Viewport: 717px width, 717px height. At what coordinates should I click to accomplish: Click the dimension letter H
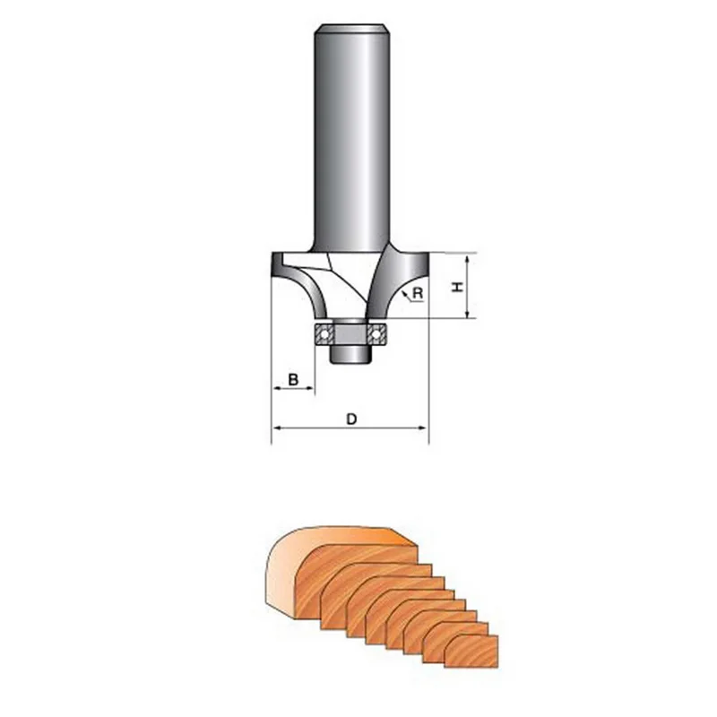455,287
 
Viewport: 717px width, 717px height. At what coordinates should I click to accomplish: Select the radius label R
418,292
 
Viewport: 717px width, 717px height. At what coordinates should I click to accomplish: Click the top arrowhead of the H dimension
469,258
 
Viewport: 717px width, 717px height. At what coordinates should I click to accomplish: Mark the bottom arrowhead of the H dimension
469,313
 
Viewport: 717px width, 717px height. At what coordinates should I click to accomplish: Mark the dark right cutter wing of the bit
399,278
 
